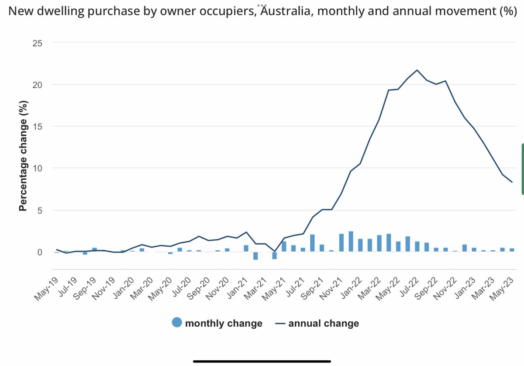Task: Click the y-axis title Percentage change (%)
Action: [x=23, y=156]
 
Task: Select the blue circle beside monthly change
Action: [x=177, y=323]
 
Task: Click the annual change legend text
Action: [x=323, y=323]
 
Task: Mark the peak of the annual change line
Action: [x=417, y=70]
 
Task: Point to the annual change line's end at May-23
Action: [x=512, y=182]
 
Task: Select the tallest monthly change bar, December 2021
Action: [x=351, y=241]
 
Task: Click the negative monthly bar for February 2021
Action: [x=255, y=256]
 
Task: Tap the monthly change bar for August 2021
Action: [x=313, y=243]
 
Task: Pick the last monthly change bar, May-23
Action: [x=512, y=250]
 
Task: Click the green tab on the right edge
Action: [x=522, y=169]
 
